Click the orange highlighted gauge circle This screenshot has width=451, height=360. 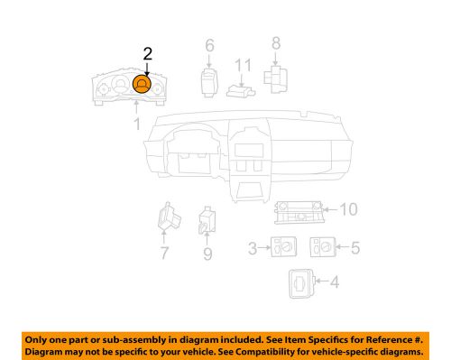[x=143, y=85]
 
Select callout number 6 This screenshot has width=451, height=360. [x=209, y=46]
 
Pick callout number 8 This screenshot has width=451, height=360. [x=276, y=42]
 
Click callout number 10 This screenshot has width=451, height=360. [x=350, y=209]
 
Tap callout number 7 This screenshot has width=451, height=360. [x=165, y=254]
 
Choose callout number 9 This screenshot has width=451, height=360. [x=207, y=254]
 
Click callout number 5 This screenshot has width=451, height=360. [x=354, y=245]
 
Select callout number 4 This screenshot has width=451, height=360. [x=335, y=283]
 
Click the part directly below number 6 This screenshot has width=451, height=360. [x=208, y=78]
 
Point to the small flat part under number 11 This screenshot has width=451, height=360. [x=239, y=89]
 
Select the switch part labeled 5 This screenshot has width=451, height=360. [x=321, y=246]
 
